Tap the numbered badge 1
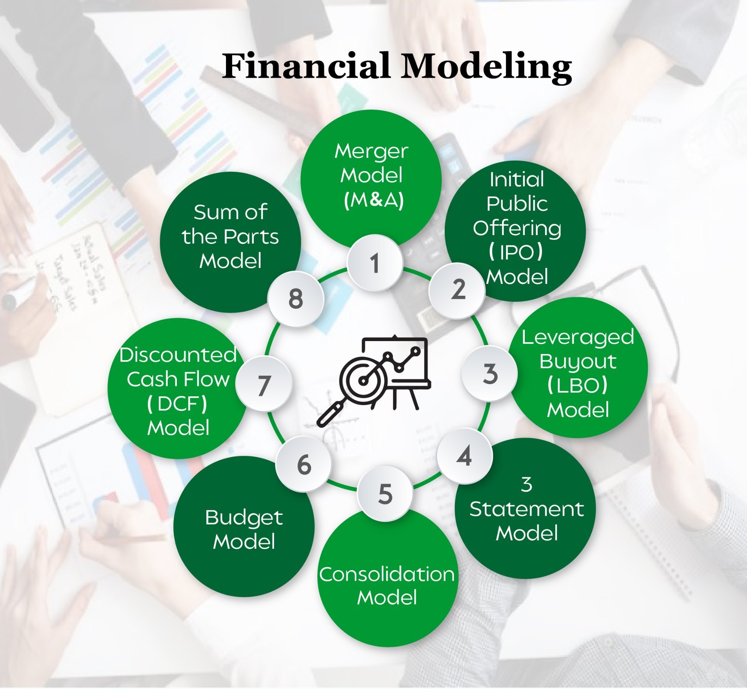click(x=375, y=263)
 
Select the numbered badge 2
click(x=457, y=290)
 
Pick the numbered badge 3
click(x=490, y=373)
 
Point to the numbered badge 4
click(x=465, y=456)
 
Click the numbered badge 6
click(x=304, y=464)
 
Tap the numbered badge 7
click(x=264, y=384)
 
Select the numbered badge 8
click(x=296, y=299)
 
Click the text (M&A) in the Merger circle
click(x=373, y=200)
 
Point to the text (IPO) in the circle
click(x=516, y=252)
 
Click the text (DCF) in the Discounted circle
click(x=177, y=403)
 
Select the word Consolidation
click(x=387, y=574)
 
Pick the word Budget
click(x=244, y=518)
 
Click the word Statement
click(x=527, y=509)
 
